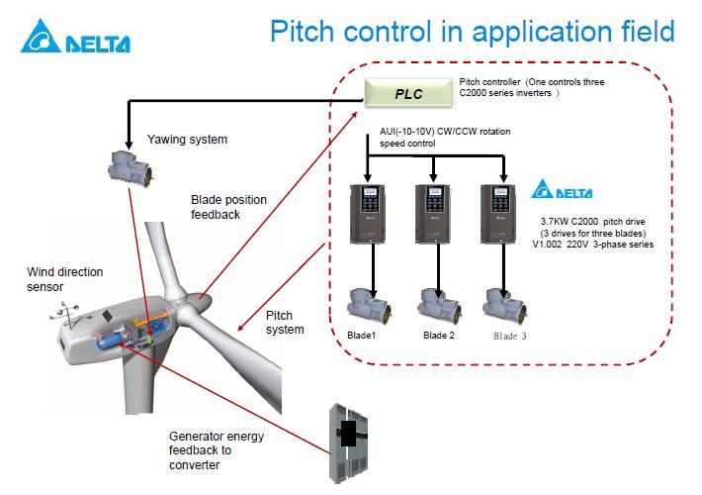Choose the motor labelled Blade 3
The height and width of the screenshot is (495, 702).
[500, 302]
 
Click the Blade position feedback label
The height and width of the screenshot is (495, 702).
[228, 206]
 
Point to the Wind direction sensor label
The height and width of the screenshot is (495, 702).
[65, 279]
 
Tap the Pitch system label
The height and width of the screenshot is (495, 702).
[286, 323]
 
